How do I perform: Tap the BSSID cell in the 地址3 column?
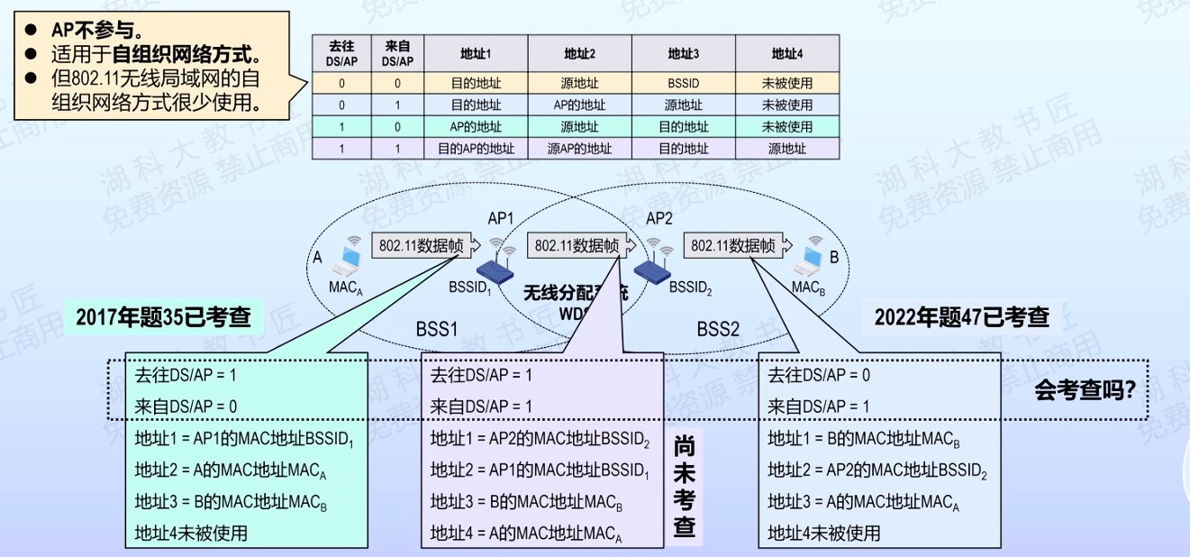click(x=683, y=84)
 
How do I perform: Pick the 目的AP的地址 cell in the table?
click(x=477, y=149)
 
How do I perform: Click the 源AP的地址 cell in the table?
click(x=579, y=149)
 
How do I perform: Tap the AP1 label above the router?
click(x=500, y=219)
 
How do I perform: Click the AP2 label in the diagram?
click(x=659, y=219)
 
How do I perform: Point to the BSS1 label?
click(x=437, y=329)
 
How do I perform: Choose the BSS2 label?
click(x=718, y=329)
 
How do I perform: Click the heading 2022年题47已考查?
click(x=961, y=317)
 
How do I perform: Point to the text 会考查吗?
click(x=1083, y=391)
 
